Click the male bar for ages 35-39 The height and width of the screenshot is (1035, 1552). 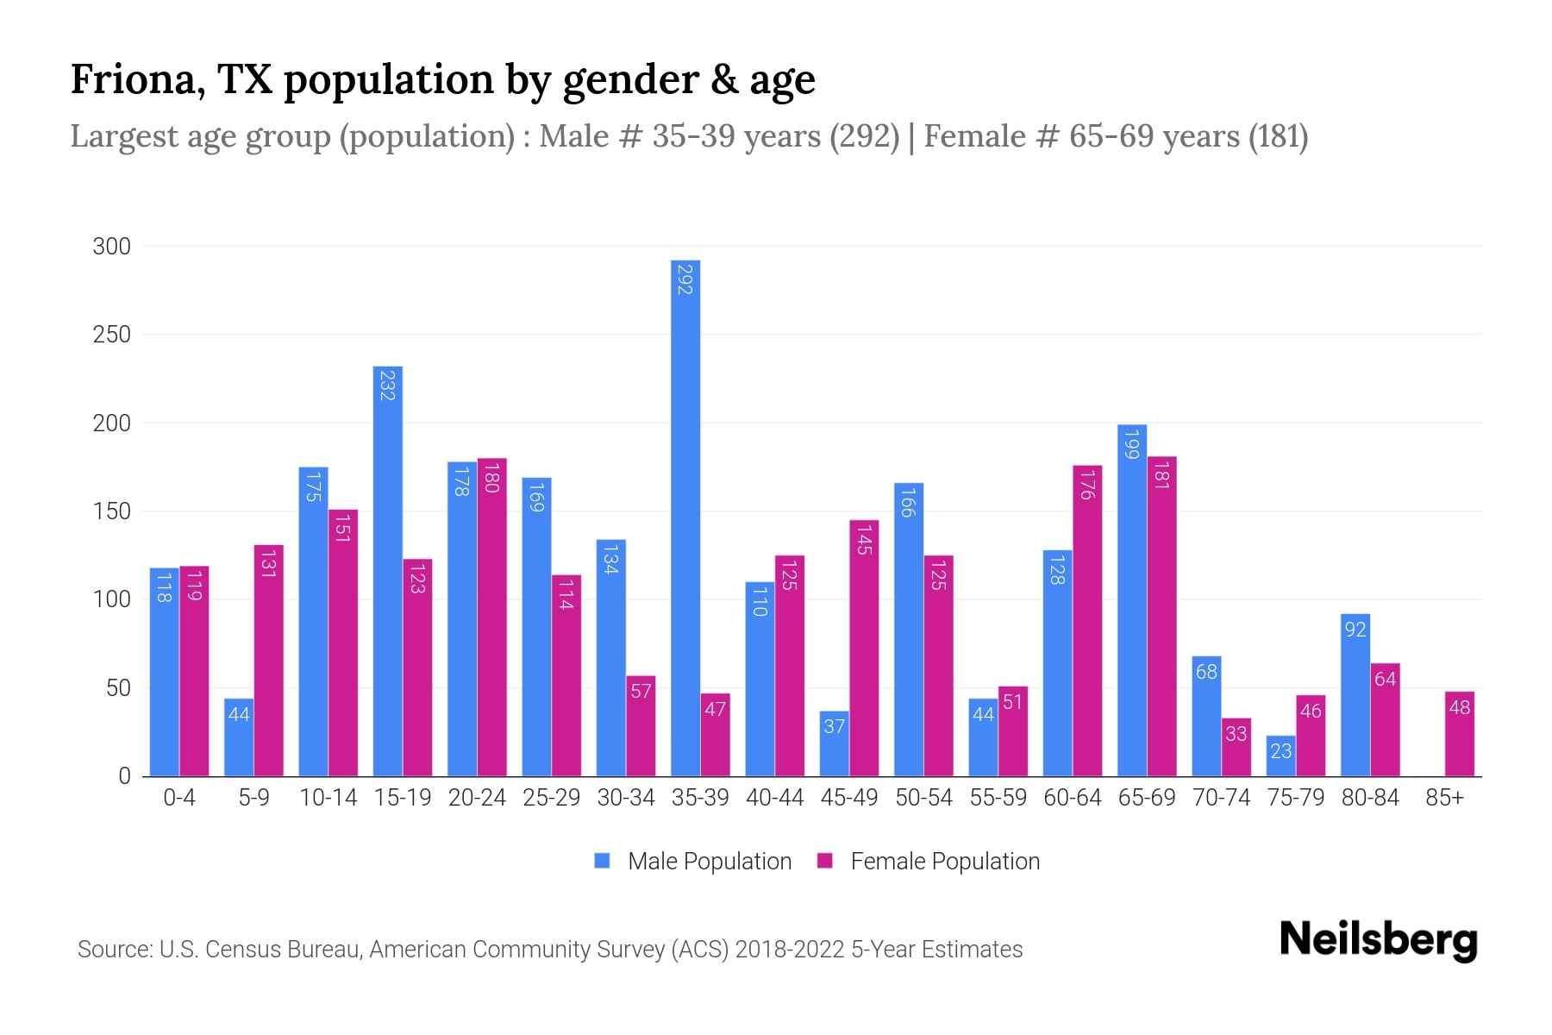click(685, 517)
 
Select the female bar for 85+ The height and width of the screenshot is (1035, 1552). click(1460, 734)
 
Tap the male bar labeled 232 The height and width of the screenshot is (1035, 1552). click(388, 571)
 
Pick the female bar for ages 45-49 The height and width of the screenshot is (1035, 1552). click(864, 648)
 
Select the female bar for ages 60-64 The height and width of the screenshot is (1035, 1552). click(1087, 621)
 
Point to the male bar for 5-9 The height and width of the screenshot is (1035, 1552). click(239, 737)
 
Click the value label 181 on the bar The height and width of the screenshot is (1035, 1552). click(1161, 474)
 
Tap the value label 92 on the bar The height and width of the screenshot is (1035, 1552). click(1355, 630)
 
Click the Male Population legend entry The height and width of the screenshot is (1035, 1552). click(694, 862)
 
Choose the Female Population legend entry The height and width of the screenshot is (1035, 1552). click(929, 862)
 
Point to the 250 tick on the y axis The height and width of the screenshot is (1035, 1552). click(112, 335)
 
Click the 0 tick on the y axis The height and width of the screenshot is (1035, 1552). click(125, 776)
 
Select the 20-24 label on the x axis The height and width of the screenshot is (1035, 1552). click(477, 798)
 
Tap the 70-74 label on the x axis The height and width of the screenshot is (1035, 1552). click(1221, 798)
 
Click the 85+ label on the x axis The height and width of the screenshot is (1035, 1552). click(1444, 798)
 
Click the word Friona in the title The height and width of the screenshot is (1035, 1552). click(136, 79)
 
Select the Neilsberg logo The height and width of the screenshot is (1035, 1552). click(1378, 940)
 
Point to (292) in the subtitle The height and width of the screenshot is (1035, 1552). click(865, 136)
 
